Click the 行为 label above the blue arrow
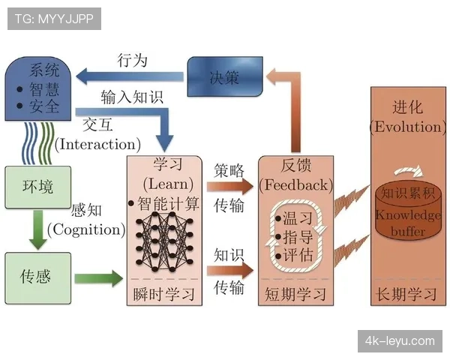[133, 60]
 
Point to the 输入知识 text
[132, 97]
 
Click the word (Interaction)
[97, 143]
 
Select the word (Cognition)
[85, 230]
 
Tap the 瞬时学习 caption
[163, 293]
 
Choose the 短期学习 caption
[295, 293]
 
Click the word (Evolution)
[407, 127]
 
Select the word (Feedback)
[295, 184]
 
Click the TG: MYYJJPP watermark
[53, 19]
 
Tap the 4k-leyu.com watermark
[399, 341]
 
